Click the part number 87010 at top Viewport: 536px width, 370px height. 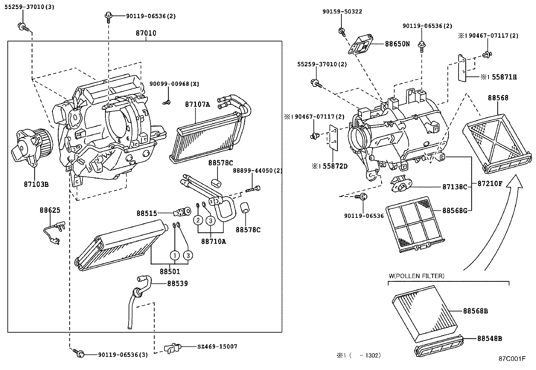146,33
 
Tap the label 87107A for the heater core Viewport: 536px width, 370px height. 197,104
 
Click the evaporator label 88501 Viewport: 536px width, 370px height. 170,271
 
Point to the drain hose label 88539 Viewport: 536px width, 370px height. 177,284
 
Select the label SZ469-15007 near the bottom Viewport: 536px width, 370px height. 217,346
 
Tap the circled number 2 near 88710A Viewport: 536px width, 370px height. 198,221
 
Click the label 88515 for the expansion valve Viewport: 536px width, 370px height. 146,213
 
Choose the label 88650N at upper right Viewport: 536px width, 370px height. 397,44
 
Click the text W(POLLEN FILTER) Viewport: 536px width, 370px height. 416,276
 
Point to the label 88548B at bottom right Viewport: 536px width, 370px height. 489,339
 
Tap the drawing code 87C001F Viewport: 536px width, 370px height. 512,359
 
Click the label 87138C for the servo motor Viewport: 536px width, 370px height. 455,187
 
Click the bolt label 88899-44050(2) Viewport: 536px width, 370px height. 258,171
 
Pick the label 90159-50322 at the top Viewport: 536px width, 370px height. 342,11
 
